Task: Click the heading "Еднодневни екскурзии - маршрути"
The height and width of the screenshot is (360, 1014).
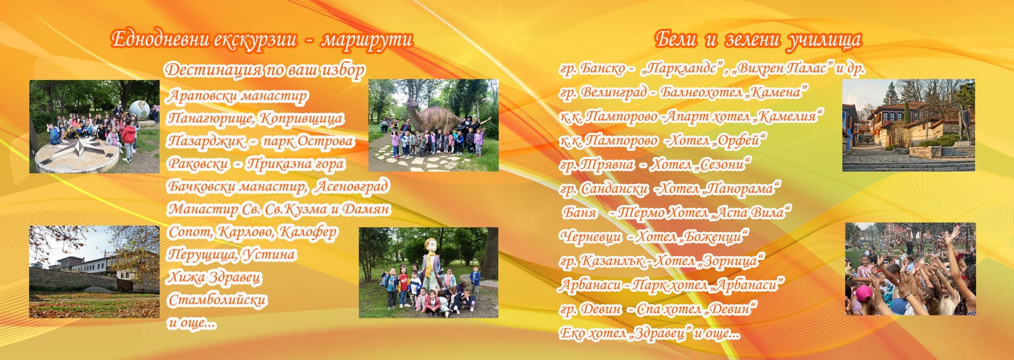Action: [x=262, y=40]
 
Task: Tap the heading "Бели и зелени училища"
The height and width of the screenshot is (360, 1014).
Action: [x=758, y=40]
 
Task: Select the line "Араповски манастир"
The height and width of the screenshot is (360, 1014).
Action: [x=237, y=96]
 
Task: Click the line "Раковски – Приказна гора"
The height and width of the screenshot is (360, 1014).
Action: [x=256, y=163]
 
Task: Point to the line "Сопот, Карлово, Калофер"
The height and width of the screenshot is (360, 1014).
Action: [x=253, y=232]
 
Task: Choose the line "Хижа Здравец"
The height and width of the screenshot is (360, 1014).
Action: [x=215, y=277]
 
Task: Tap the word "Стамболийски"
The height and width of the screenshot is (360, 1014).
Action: [x=217, y=300]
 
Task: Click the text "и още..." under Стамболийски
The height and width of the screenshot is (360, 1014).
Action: [x=192, y=323]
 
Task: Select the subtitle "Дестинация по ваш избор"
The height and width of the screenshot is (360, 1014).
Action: [x=265, y=70]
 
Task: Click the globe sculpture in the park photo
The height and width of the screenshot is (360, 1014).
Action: [x=140, y=110]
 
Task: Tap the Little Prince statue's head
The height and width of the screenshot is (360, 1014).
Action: [x=430, y=246]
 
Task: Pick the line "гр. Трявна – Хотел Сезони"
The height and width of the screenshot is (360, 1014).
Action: [x=655, y=165]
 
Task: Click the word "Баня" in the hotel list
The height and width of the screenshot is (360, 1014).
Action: [x=579, y=212]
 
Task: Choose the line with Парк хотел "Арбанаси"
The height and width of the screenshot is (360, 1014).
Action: [x=671, y=285]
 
